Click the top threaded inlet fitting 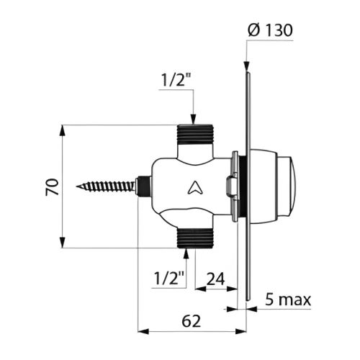point(192,135)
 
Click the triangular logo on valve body point(193,189)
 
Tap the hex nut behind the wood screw point(144,187)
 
